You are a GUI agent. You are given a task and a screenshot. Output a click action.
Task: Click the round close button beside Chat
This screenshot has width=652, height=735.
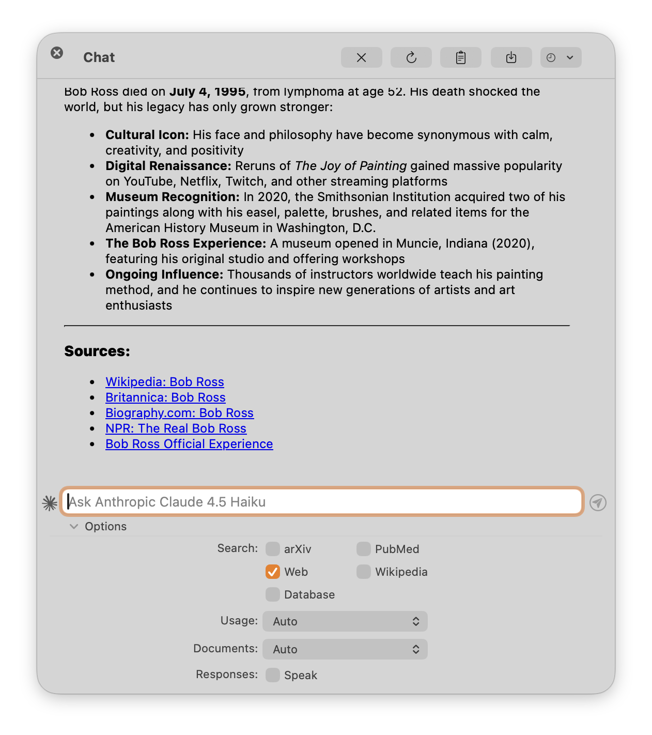(x=57, y=53)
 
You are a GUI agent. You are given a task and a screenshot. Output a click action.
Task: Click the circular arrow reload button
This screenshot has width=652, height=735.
(x=411, y=57)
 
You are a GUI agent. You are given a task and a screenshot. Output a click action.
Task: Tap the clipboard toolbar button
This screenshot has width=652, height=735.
(x=461, y=57)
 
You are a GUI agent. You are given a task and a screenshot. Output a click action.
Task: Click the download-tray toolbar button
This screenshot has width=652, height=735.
(x=511, y=57)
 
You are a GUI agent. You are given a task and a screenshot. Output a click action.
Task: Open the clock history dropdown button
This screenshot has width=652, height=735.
(x=561, y=57)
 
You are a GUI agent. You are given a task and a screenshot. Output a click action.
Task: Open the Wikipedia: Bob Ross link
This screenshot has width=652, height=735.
(x=165, y=382)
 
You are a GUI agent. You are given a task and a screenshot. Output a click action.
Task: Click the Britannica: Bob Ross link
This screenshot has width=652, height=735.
(x=165, y=397)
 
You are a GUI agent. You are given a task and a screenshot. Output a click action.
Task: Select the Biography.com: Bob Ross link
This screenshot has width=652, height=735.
(x=179, y=413)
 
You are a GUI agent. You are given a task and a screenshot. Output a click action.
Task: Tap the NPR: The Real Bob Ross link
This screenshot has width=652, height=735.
(x=176, y=428)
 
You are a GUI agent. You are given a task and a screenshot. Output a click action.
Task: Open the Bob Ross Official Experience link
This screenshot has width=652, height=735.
(x=189, y=444)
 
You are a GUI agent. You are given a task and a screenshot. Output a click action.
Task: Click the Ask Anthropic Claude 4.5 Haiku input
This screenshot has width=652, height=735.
(x=322, y=502)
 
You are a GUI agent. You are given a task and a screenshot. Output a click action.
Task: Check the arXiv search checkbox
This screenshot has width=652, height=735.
(x=273, y=549)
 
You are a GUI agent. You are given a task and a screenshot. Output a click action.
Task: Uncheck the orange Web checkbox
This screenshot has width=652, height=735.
(x=273, y=572)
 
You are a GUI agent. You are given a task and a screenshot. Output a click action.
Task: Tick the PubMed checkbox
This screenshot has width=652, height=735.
(x=364, y=549)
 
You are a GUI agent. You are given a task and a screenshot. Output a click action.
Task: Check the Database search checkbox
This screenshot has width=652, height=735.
(x=273, y=594)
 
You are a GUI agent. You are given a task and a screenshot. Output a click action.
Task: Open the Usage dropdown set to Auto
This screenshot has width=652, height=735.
(x=345, y=621)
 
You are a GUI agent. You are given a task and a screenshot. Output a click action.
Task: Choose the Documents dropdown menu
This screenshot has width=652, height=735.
(x=345, y=649)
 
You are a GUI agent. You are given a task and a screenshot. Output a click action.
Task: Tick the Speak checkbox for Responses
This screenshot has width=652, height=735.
(x=273, y=675)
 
